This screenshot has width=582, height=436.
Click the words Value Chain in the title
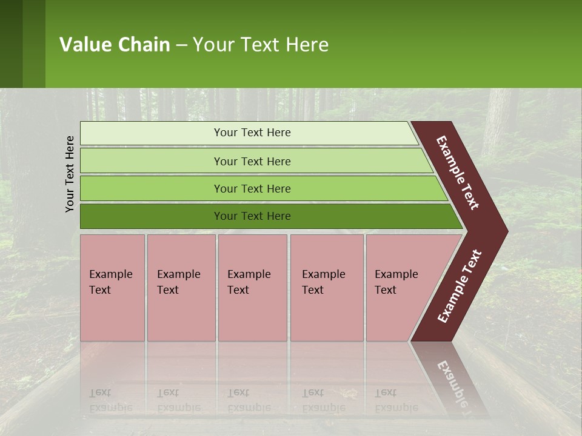pos(115,45)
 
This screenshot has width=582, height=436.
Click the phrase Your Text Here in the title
pos(261,45)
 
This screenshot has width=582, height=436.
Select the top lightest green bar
pos(152,133)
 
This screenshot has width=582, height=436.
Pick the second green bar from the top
pos(152,161)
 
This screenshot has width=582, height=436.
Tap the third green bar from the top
pos(152,188)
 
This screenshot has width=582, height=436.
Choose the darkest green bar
pos(152,216)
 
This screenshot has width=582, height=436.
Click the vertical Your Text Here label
pos(70,174)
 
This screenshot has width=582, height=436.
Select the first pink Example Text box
pos(112,288)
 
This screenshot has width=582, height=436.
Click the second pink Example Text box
pos(181,288)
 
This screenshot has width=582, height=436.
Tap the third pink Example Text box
pos(252,288)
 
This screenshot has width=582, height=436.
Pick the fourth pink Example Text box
pos(326,288)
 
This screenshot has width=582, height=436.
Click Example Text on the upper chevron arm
pos(458,173)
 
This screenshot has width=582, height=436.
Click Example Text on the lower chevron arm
pos(460,286)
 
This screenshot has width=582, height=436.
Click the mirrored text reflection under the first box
pos(111,400)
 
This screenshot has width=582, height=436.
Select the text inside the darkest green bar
pos(252,216)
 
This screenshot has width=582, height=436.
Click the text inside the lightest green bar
pos(252,133)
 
